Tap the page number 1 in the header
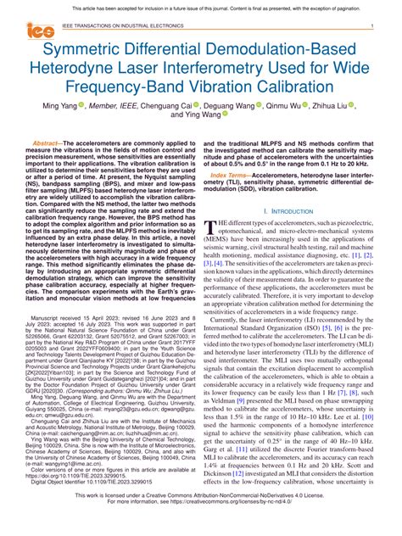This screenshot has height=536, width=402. coord(372,26)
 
